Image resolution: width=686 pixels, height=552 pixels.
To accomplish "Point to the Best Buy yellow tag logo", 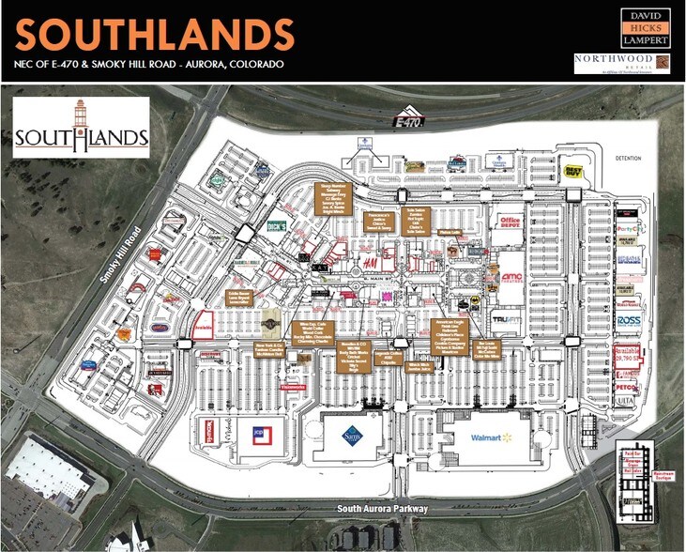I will tap(573, 173).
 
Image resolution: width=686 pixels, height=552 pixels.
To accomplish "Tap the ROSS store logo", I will tap(628, 321).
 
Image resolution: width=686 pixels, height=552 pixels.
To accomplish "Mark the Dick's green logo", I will tap(276, 225).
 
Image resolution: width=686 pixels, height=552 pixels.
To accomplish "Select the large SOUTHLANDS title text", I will tap(156, 36).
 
